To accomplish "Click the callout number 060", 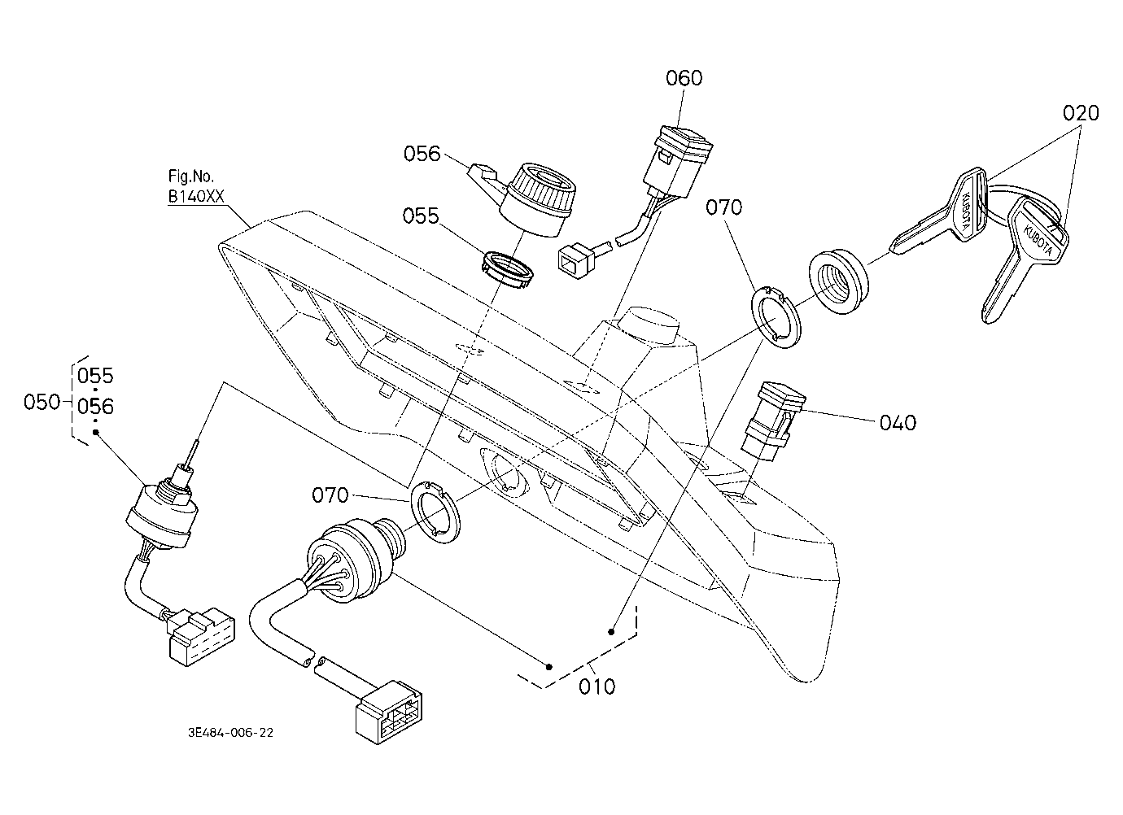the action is pyautogui.click(x=684, y=78).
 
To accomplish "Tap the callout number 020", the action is pyautogui.click(x=1081, y=113).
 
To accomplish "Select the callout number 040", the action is pyautogui.click(x=898, y=423).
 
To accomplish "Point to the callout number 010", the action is pyautogui.click(x=596, y=686).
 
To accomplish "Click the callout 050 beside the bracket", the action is pyautogui.click(x=42, y=402).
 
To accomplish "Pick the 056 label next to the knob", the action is pyautogui.click(x=422, y=154).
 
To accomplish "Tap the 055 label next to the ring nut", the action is pyautogui.click(x=421, y=216).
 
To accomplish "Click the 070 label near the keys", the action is pyautogui.click(x=724, y=207).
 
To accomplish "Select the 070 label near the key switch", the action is pyautogui.click(x=330, y=495).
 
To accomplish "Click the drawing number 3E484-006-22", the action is pyautogui.click(x=230, y=733).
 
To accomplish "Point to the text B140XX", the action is pyautogui.click(x=196, y=197).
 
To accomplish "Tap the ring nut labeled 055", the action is pyautogui.click(x=507, y=271).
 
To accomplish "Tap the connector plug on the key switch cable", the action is pyautogui.click(x=388, y=712).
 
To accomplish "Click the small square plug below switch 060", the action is pyautogui.click(x=576, y=260).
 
